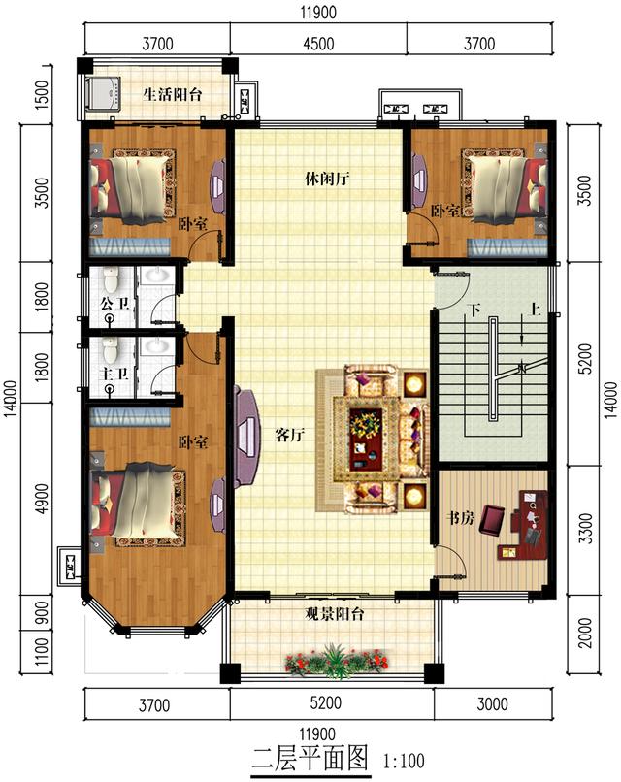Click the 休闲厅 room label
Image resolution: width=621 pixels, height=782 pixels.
(327, 179)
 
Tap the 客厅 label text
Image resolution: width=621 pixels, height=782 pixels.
(290, 435)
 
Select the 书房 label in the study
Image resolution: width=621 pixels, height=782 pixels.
(459, 518)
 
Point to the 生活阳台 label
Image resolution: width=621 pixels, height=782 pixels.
(173, 94)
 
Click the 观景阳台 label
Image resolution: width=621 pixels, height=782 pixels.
(335, 613)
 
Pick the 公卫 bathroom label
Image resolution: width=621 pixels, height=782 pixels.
(114, 304)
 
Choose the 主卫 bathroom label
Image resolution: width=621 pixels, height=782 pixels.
(114, 373)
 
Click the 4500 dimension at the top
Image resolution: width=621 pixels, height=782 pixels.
(318, 44)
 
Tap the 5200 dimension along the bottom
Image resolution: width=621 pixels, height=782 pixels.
(326, 702)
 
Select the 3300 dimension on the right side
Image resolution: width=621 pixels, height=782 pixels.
(587, 528)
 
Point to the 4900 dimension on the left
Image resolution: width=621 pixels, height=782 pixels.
(43, 499)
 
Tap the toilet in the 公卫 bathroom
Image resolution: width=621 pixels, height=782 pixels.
(111, 279)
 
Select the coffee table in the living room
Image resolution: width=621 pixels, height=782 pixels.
(366, 439)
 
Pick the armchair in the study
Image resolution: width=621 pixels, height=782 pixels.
(492, 520)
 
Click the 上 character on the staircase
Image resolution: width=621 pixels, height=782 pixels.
(535, 310)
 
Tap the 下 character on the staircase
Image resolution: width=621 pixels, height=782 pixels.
(474, 310)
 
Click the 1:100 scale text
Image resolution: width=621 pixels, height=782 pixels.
(404, 761)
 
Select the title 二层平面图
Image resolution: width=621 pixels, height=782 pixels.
(310, 759)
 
